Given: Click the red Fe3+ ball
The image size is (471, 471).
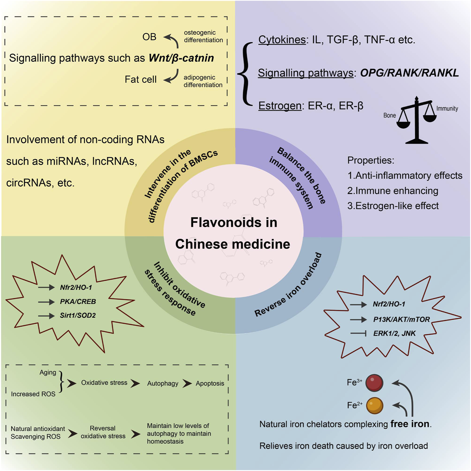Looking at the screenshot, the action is pos(374,383).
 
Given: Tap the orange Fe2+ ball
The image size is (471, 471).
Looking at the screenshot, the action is pos(375,405).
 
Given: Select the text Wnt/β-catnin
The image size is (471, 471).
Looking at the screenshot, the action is pos(181,58).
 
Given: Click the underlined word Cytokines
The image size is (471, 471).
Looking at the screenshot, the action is pos(282,40).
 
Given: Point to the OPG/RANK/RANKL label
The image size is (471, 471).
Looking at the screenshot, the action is pos(409,73).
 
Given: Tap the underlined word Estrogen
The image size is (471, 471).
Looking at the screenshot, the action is pos(280,106).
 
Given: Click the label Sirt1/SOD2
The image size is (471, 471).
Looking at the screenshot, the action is pos(78,315).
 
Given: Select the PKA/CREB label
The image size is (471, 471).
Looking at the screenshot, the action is pos(78,301).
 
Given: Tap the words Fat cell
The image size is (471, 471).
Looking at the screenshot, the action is pos(141,80).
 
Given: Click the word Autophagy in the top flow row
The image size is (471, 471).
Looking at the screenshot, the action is pos(163,384).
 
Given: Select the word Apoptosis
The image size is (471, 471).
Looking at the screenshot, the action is pos(210,384).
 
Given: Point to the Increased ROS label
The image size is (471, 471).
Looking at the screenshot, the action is pos(33,394).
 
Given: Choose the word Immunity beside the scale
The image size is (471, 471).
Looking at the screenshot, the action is pos(447,109).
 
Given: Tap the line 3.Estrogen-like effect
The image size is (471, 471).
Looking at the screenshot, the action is pos(393,206).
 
